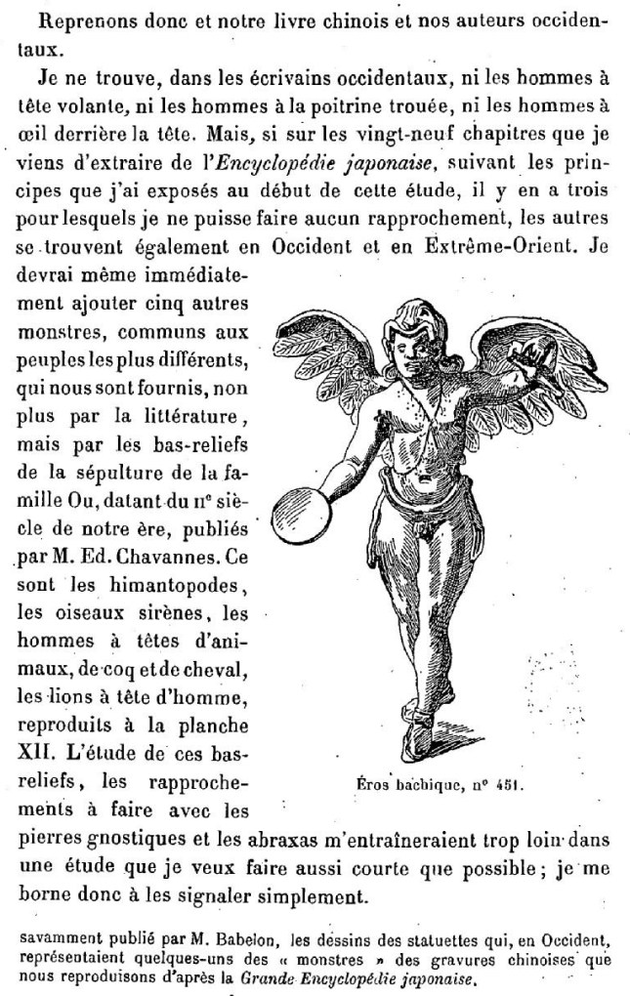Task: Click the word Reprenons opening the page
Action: [x=73, y=21]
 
